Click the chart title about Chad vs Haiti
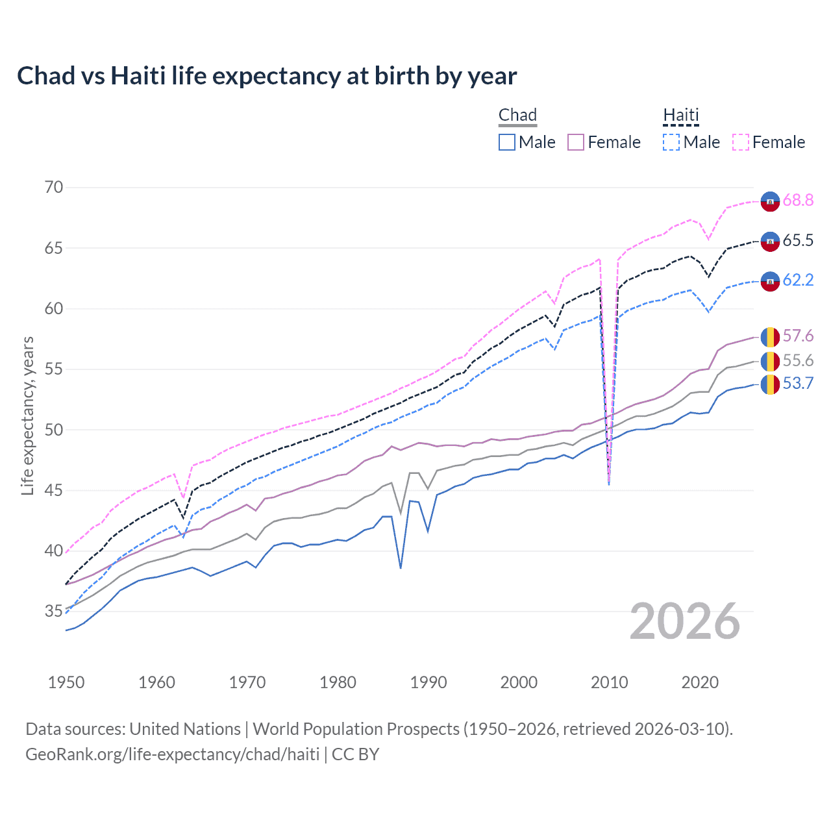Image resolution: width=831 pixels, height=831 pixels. coord(267,76)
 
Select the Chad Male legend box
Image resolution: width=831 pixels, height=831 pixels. coord(507,142)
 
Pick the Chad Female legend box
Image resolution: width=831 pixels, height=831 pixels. coord(576,142)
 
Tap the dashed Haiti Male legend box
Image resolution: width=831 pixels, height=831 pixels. coord(671,142)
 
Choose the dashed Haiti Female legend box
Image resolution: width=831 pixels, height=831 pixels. coord(741,142)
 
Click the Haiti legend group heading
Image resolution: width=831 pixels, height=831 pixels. coord(681,116)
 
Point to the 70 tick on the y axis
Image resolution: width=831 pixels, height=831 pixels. coord(54,188)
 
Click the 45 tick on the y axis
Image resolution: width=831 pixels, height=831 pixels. coord(54,490)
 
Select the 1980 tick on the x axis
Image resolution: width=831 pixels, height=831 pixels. coord(338,682)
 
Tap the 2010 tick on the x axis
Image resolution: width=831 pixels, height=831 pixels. coord(609,682)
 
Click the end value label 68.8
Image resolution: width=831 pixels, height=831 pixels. coord(798,201)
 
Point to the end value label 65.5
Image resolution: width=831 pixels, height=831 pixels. coord(798,241)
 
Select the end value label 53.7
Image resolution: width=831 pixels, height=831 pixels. coord(798,384)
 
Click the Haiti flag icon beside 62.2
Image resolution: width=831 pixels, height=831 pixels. coord(770,281)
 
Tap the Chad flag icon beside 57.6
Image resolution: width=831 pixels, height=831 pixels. coord(770,337)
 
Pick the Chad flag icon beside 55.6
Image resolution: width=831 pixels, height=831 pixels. coord(770,361)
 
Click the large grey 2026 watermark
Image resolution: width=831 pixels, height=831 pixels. coord(685,621)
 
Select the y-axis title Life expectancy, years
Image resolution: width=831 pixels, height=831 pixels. coord(27,415)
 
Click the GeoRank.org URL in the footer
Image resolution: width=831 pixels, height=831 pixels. coord(172,754)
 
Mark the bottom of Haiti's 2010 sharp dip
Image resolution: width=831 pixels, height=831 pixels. coord(609,484)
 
